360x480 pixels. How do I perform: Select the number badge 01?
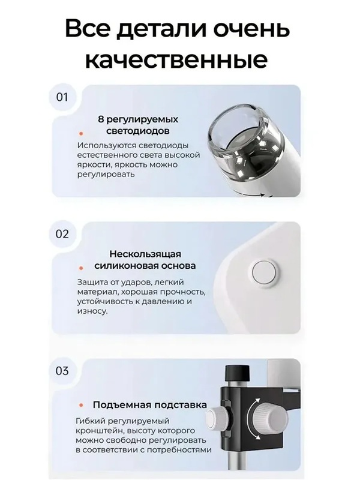(62, 97)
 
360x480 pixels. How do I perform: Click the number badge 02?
(62, 234)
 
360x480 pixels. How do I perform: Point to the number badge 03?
(62, 371)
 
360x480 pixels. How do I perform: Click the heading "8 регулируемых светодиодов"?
(137, 125)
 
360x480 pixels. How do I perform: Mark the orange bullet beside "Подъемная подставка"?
(80, 405)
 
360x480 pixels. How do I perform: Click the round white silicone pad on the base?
(264, 274)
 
